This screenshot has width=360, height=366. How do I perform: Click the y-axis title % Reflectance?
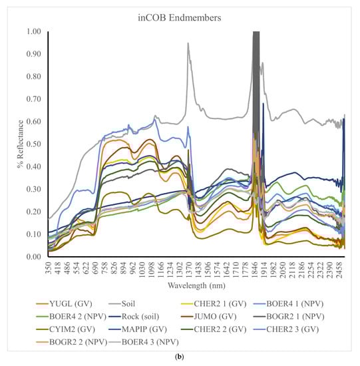click(x=20, y=143)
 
